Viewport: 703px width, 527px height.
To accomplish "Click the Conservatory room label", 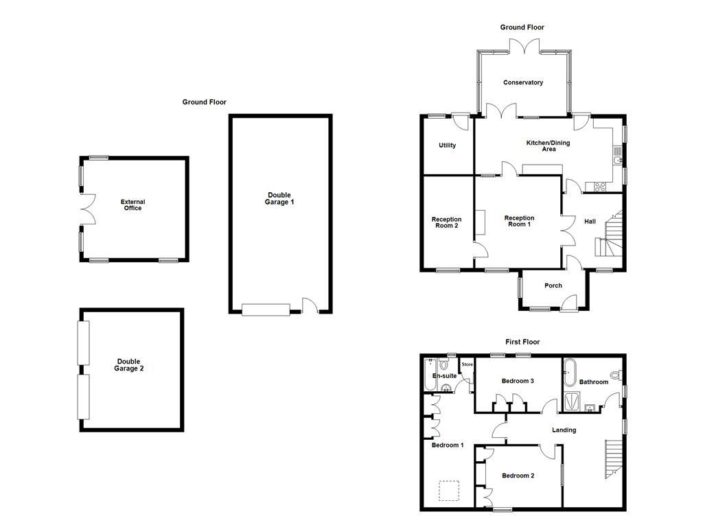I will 523,82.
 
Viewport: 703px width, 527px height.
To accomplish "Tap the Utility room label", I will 447,145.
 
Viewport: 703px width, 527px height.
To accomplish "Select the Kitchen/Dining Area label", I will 548,145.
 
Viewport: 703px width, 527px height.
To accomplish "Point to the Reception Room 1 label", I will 519,221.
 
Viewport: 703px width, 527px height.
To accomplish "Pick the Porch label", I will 553,285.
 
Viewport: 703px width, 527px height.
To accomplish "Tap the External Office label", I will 132,204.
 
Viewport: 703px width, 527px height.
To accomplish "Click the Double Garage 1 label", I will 279,198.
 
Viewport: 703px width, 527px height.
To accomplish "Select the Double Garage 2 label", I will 129,365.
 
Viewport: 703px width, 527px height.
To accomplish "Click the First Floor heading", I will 522,342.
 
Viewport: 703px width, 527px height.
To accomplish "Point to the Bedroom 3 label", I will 518,381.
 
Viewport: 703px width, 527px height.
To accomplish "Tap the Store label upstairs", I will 468,364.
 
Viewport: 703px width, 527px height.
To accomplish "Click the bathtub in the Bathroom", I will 569,375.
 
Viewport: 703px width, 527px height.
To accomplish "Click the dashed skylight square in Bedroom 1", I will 449,491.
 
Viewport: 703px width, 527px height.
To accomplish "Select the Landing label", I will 564,430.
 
